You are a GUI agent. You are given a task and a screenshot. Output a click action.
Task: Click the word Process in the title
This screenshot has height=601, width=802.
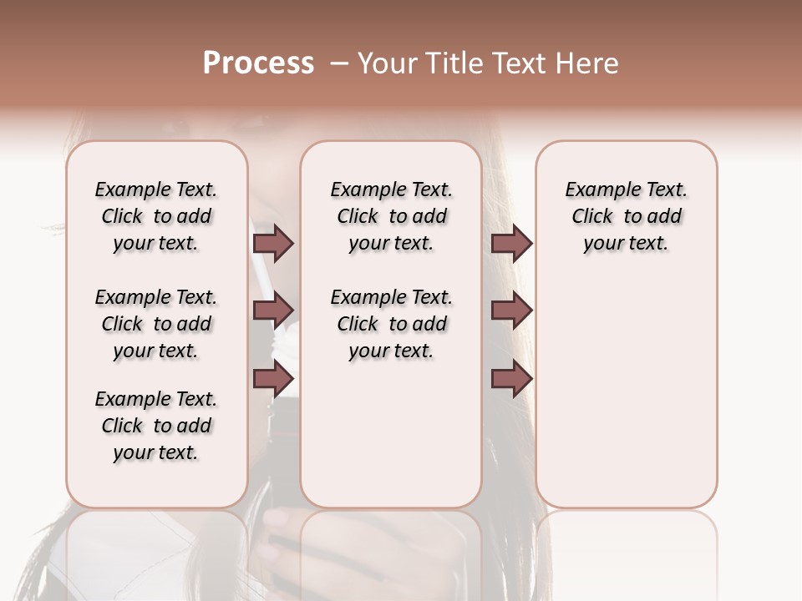(258, 63)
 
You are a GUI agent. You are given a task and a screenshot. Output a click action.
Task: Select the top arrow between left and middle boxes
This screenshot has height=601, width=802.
(273, 243)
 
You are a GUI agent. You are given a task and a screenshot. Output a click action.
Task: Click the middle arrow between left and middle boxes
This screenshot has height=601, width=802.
(273, 311)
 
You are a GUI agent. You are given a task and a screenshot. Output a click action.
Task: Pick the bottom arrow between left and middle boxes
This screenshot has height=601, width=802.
(273, 379)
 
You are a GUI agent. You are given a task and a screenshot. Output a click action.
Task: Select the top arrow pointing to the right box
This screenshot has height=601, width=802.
(511, 243)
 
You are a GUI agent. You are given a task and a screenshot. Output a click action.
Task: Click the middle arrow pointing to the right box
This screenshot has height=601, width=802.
(511, 311)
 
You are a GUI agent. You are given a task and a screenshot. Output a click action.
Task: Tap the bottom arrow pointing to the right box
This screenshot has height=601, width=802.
(511, 379)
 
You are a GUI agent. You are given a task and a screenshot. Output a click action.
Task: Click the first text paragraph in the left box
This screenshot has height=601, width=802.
(156, 216)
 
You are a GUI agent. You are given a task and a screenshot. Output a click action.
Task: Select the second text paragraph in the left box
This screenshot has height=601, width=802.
(156, 324)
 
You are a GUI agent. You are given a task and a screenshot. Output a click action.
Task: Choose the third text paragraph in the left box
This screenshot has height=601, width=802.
(156, 426)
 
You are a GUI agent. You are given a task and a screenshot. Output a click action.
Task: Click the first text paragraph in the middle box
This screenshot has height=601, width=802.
(391, 216)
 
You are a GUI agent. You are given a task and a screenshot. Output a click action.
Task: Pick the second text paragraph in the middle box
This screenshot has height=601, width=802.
(391, 324)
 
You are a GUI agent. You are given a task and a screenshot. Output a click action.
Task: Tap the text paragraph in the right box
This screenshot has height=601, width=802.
(626, 216)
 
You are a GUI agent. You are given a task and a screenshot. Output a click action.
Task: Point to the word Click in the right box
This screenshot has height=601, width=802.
(592, 217)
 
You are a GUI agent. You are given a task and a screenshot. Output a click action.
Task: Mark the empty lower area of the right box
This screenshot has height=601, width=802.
(626, 392)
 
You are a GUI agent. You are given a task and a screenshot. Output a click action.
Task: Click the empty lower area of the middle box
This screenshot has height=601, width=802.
(391, 434)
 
